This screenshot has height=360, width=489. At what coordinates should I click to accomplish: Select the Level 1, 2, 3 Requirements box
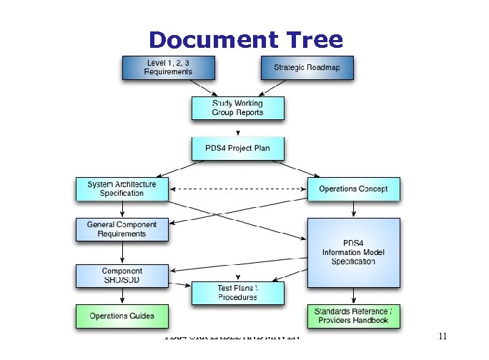168,67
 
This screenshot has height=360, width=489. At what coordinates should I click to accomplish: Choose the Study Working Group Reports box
237,108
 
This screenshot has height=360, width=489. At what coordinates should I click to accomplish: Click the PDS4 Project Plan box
237,149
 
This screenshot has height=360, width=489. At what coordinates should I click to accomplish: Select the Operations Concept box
353,189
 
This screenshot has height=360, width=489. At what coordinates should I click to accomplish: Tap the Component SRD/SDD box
122,276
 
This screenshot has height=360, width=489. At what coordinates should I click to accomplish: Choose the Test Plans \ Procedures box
237,292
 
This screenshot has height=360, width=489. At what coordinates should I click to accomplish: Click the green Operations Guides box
122,315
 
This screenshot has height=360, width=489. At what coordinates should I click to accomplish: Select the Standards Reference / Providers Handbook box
353,315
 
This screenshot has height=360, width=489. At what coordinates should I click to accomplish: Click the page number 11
443,336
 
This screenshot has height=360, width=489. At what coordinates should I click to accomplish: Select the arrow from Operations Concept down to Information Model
353,209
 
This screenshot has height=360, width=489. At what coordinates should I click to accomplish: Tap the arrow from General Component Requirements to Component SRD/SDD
122,252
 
